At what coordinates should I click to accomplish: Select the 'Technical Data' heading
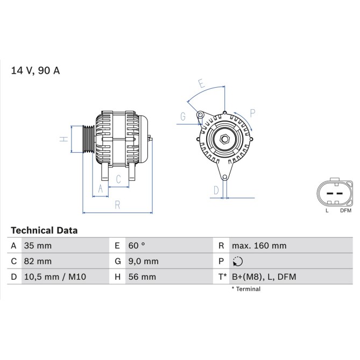coord(45,230)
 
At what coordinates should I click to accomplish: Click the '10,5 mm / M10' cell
coord(55,277)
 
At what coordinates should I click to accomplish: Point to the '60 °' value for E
coord(136,246)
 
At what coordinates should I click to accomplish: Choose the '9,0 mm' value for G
coord(143,262)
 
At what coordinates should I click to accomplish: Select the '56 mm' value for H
coord(141,277)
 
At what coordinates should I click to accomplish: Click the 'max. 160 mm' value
coord(259,246)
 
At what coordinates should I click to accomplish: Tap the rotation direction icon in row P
coord(238,262)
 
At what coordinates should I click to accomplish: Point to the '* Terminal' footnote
coord(246,289)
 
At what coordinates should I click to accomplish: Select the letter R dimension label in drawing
coord(117,205)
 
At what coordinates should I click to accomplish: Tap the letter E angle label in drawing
coord(200,83)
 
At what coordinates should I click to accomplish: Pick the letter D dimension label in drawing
coord(216,190)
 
